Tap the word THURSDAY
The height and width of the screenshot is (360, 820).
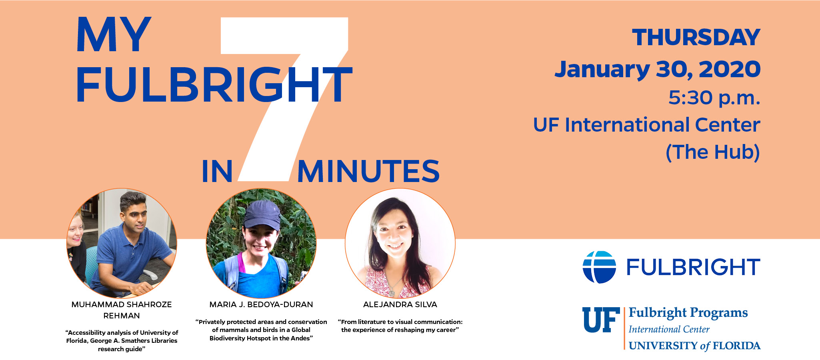tap(696, 38)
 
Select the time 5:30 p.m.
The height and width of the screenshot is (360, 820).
tap(714, 98)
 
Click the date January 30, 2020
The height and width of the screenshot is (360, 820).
tap(657, 69)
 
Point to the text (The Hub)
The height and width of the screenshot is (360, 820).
tap(713, 152)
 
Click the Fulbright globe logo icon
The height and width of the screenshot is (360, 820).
tap(599, 267)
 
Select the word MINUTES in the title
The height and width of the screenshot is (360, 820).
tap(368, 171)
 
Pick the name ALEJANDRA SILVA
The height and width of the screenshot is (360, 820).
tap(400, 304)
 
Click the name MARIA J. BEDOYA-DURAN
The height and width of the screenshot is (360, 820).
tap(261, 304)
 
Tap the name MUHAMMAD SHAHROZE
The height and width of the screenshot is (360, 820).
tap(122, 304)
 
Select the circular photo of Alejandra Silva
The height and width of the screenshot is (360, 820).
tap(400, 243)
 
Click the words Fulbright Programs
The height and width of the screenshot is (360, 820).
tap(688, 313)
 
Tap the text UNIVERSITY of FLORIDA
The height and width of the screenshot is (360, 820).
tap(694, 346)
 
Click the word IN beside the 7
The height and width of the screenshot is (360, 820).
tap(217, 172)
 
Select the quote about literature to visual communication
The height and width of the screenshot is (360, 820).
tap(400, 326)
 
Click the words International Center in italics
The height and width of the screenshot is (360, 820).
tap(669, 330)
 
